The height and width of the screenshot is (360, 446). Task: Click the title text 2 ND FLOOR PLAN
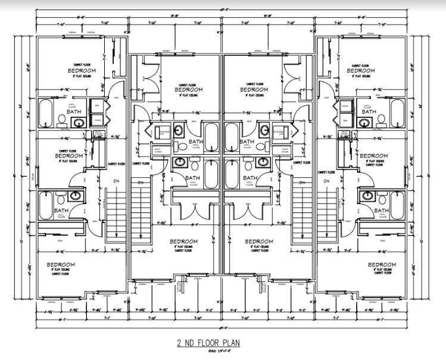click(223, 343)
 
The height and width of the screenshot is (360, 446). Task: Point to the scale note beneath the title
click(223, 352)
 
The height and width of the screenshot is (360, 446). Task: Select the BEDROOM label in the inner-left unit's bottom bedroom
click(184, 242)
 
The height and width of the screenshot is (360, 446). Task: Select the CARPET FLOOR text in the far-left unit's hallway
click(116, 163)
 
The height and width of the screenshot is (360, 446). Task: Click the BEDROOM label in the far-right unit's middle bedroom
click(373, 155)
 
